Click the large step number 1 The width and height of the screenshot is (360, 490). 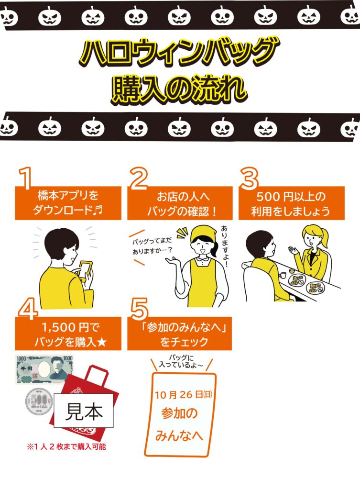(26, 178)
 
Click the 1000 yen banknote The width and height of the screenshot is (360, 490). (44, 369)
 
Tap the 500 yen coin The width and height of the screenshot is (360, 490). (39, 401)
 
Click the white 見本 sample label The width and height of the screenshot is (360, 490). (84, 411)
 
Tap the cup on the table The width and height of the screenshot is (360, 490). (283, 275)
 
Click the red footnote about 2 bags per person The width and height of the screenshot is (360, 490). (66, 447)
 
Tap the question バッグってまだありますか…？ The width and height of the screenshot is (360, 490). (152, 245)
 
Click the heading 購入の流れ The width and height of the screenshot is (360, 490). (179, 89)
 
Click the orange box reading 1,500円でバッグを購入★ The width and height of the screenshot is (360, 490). (68, 334)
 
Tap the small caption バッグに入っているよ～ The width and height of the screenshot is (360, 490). (181, 361)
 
